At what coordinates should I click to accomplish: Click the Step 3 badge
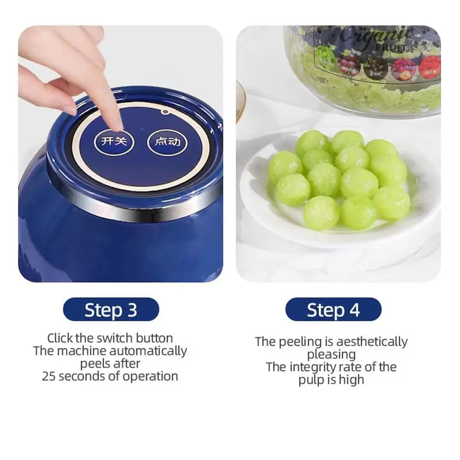pyautogui.click(x=111, y=310)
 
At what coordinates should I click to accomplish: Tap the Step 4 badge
pyautogui.click(x=333, y=310)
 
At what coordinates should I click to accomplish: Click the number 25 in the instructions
pyautogui.click(x=50, y=376)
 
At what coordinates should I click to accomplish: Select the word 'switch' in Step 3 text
pyautogui.click(x=115, y=338)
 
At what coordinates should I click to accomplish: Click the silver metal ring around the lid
pyautogui.click(x=138, y=208)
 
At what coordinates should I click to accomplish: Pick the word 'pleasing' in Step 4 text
pyautogui.click(x=331, y=355)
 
